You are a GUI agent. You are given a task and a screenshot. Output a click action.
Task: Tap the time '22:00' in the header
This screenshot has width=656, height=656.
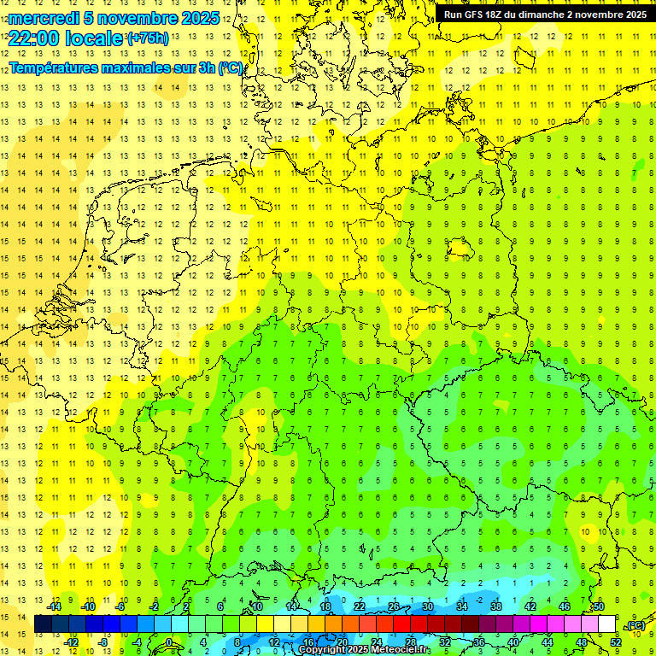coord(39,38)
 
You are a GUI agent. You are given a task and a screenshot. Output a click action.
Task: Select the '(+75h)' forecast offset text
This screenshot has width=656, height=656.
coord(147,38)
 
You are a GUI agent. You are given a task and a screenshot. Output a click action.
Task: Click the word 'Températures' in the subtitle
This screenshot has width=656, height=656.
coord(54,67)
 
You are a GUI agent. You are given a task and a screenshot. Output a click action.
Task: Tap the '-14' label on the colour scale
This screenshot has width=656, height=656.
coord(55,606)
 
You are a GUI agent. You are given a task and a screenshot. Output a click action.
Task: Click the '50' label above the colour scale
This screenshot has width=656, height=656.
coord(599,606)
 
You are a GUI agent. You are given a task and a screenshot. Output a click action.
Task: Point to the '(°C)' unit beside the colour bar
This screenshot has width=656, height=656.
coord(635,625)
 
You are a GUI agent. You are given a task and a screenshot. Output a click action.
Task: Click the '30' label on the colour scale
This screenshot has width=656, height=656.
coord(427,606)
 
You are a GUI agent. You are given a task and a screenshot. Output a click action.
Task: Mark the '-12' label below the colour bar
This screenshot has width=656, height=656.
coord(72,642)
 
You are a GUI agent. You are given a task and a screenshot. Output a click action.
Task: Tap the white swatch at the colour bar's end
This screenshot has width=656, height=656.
coord(607,624)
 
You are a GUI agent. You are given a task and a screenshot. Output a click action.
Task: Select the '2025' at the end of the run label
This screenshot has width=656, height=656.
coord(635,15)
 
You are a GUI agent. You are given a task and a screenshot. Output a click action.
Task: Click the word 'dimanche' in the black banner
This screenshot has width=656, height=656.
coord(544,15)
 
